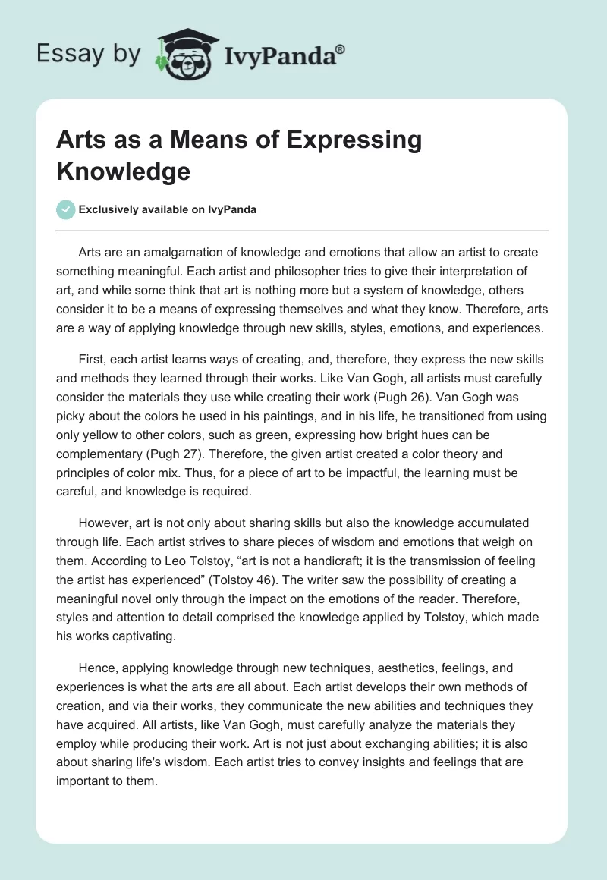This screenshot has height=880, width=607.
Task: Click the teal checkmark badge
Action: coord(66,209)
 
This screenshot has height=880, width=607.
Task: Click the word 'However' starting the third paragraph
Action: coord(105,523)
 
